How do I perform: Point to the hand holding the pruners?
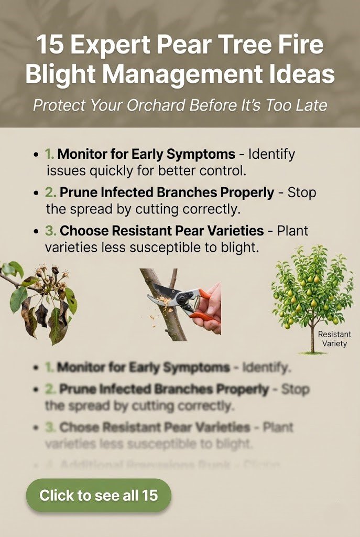[x=212, y=309]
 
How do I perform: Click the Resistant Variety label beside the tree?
[x=334, y=339]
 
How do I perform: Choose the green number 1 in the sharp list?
[x=49, y=155]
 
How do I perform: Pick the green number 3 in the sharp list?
[x=50, y=231]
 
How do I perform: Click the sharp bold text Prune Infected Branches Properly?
[x=167, y=193]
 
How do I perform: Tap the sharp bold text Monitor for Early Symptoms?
[x=146, y=155]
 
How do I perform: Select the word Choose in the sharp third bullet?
[x=80, y=231]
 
